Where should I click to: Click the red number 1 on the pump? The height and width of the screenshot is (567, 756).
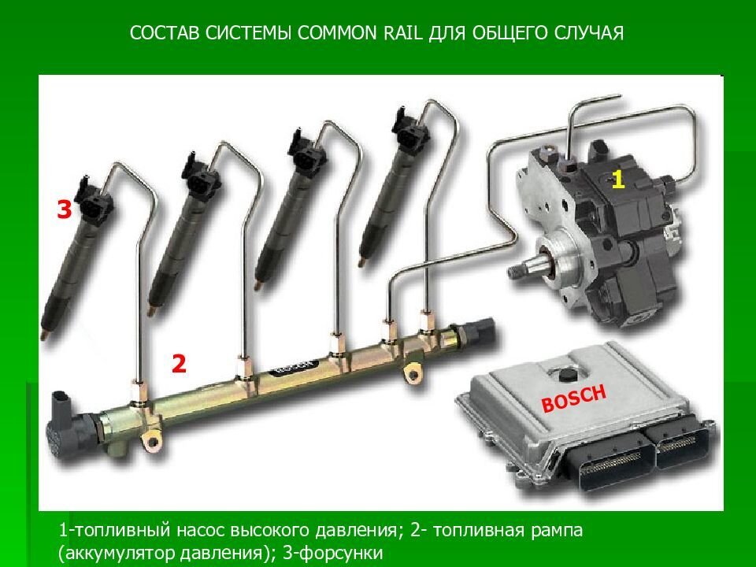pyautogui.click(x=618, y=180)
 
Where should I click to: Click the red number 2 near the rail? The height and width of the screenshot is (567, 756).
pyautogui.click(x=179, y=363)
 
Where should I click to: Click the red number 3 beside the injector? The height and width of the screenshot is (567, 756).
pyautogui.click(x=65, y=209)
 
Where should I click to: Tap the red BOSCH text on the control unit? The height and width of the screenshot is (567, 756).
pyautogui.click(x=574, y=398)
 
